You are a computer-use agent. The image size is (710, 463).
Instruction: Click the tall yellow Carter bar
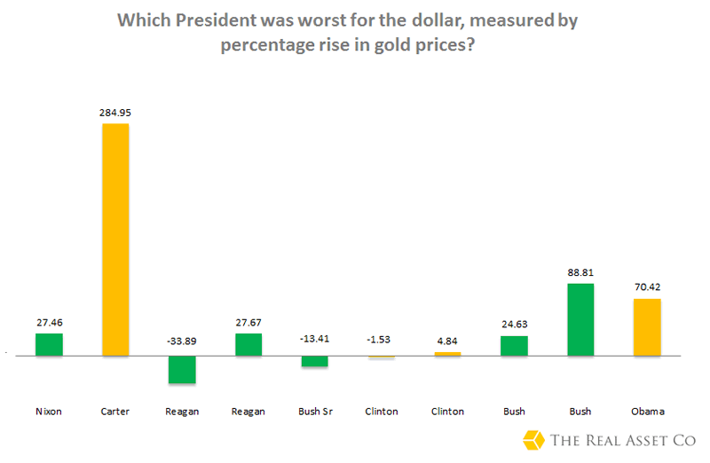[x=115, y=239]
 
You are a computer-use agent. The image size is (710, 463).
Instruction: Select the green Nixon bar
[x=49, y=344]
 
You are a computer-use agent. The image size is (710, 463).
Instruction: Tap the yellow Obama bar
[x=648, y=327]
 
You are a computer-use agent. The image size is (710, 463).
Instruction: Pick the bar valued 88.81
[x=581, y=319]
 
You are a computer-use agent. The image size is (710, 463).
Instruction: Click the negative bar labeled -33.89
[x=182, y=369]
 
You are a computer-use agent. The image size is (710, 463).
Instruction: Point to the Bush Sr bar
[x=315, y=361]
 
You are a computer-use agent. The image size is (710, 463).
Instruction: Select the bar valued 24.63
[x=515, y=346]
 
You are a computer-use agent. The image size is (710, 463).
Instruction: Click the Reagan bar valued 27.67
[x=248, y=344]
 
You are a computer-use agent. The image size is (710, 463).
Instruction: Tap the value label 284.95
[x=115, y=113]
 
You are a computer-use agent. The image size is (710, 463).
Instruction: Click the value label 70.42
[x=648, y=287]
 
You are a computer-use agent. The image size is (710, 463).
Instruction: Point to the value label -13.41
[x=315, y=338]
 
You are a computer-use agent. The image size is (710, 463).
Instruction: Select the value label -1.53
[x=382, y=338]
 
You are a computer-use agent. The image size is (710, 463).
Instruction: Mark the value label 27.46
[x=49, y=322]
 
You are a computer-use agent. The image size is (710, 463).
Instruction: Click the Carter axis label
[x=115, y=412]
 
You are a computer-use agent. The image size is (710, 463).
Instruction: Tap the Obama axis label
[x=648, y=412]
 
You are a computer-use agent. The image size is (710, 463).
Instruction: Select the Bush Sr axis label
[x=315, y=412]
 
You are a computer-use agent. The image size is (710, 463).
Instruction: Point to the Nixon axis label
[x=49, y=412]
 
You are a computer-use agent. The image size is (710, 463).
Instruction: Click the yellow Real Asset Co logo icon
[x=534, y=440]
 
